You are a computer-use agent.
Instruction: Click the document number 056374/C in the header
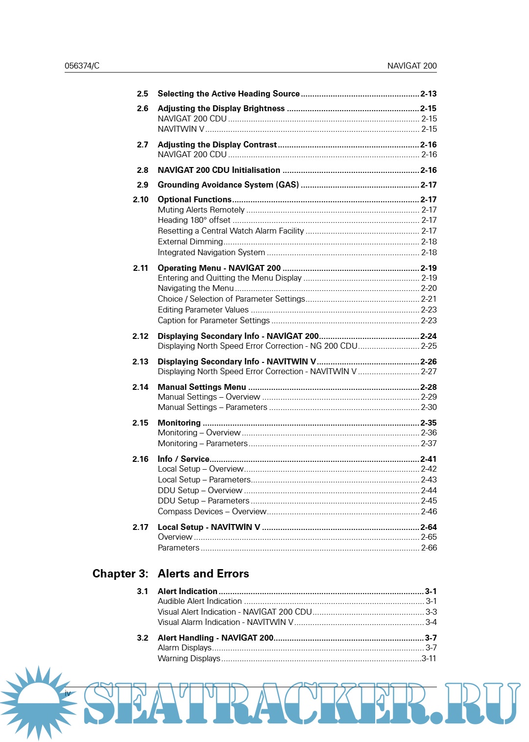(x=82, y=66)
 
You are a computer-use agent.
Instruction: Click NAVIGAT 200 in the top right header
(x=411, y=66)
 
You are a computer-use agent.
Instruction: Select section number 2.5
(x=142, y=94)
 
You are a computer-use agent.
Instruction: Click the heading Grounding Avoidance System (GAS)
(x=228, y=185)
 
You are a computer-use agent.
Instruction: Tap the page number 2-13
(x=428, y=94)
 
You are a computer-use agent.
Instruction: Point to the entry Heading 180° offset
(x=194, y=220)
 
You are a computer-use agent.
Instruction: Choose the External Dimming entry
(x=190, y=241)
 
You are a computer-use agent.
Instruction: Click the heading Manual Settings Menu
(x=201, y=387)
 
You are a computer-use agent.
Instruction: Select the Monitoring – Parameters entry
(x=202, y=443)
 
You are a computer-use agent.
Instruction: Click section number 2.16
(x=140, y=459)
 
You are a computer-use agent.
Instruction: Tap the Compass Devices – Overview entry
(x=212, y=511)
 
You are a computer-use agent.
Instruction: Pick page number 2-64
(x=428, y=527)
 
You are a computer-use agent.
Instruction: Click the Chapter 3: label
(x=120, y=574)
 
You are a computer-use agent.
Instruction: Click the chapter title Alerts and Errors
(x=203, y=574)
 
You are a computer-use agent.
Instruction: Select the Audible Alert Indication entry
(x=199, y=601)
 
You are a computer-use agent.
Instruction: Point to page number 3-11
(x=429, y=658)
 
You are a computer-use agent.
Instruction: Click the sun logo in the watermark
(x=38, y=701)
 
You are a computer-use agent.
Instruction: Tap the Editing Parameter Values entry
(x=203, y=310)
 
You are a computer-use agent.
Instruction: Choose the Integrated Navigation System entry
(x=211, y=252)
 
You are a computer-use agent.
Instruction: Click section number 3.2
(x=142, y=638)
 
